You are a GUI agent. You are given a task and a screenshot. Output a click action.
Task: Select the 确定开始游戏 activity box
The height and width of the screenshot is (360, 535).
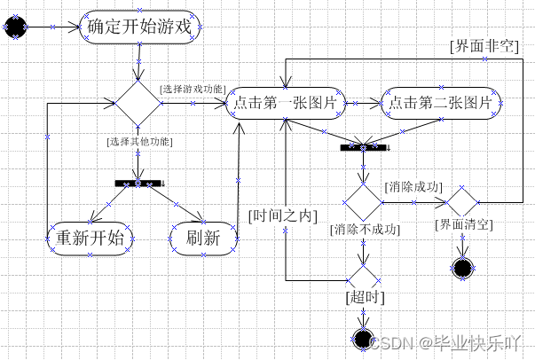(x=139, y=27)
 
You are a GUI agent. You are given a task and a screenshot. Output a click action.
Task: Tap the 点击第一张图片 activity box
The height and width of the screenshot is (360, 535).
(x=287, y=104)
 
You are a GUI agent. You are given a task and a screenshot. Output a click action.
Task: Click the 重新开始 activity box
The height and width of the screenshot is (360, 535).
(x=90, y=239)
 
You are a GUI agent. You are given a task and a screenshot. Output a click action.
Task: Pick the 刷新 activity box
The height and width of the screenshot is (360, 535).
(x=203, y=239)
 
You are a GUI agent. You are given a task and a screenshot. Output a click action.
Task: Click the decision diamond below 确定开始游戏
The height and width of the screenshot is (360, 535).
(x=138, y=104)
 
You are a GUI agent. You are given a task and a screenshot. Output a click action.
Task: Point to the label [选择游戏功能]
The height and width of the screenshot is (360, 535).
(x=193, y=90)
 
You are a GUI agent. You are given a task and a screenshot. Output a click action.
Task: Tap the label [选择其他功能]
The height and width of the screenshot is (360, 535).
(x=139, y=142)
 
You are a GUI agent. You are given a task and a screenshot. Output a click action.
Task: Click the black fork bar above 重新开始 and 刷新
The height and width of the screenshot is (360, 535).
(x=139, y=183)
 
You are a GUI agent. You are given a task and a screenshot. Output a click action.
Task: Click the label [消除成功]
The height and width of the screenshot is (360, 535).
(x=413, y=187)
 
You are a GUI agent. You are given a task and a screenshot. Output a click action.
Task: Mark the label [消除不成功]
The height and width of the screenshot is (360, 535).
(x=364, y=230)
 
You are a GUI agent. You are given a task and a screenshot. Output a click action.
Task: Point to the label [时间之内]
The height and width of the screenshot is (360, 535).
(x=281, y=215)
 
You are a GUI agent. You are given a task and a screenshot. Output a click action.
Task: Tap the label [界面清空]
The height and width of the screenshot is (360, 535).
(x=463, y=224)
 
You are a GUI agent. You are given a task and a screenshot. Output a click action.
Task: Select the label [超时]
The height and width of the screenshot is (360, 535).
(x=362, y=297)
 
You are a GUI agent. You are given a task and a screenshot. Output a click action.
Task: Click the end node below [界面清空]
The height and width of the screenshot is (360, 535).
(x=462, y=267)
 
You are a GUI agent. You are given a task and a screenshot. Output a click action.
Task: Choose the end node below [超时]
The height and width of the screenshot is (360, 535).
(x=363, y=337)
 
